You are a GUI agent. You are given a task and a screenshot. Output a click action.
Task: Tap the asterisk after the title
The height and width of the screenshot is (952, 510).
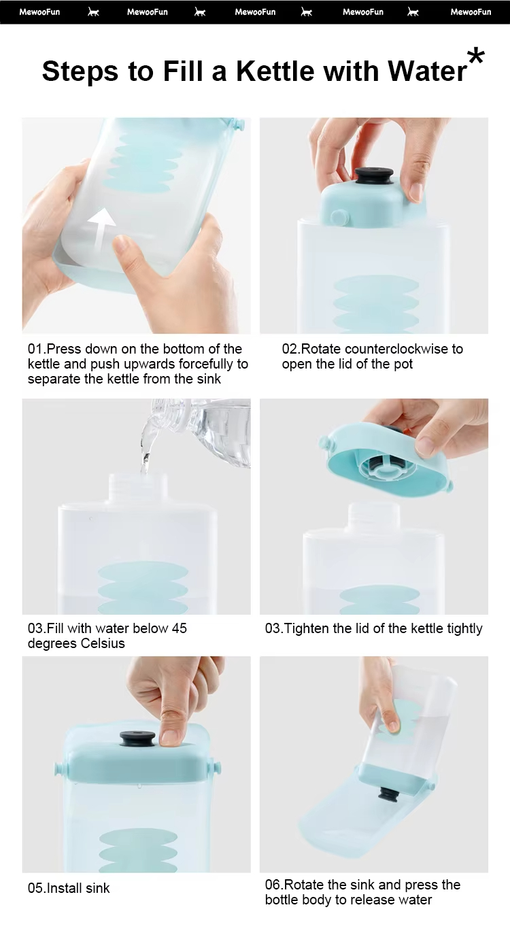475,57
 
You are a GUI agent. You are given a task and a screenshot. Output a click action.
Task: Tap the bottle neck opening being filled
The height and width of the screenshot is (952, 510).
138,476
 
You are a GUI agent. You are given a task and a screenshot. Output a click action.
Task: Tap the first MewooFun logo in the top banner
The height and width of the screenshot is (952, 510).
39,12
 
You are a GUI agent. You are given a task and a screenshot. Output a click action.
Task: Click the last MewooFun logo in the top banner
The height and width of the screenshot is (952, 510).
471,12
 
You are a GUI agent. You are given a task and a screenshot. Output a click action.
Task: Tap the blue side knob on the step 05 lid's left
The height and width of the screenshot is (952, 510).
57,768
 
